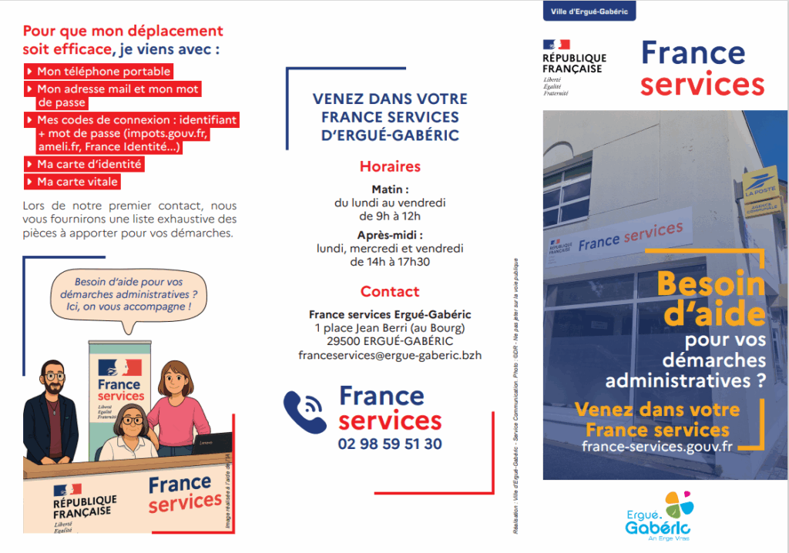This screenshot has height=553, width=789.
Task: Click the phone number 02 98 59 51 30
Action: (x=390, y=444)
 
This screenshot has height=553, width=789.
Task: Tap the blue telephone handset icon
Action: (x=305, y=413)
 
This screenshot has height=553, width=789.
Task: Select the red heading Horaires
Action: (x=390, y=166)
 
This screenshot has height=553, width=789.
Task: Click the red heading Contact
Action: (x=390, y=292)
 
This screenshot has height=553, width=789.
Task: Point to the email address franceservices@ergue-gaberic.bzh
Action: (x=390, y=356)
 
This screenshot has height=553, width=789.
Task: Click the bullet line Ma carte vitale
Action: (x=78, y=183)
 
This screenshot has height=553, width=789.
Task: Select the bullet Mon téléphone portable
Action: (x=103, y=72)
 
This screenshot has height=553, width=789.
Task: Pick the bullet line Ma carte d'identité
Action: (x=90, y=164)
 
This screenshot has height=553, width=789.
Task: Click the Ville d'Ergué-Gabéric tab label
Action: (x=589, y=12)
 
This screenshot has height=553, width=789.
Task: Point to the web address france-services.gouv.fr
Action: (x=657, y=447)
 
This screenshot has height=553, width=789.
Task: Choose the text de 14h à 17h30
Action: (x=390, y=262)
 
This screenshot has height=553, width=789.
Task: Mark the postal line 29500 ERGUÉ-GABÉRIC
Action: (x=390, y=341)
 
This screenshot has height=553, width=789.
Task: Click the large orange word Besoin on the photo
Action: (x=710, y=285)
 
